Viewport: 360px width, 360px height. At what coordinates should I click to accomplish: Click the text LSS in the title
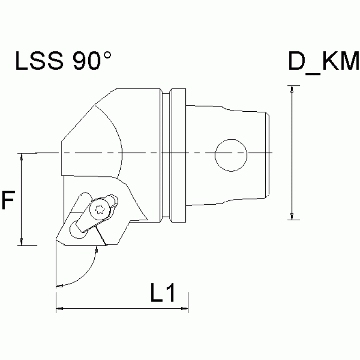coord(41,61)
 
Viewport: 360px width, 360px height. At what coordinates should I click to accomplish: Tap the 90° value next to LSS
coord(92,61)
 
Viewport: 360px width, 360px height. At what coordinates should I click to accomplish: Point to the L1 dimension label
coord(162,294)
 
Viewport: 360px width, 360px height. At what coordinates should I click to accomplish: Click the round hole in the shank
coord(231,154)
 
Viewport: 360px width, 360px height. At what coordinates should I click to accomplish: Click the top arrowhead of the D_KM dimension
coord(292,90)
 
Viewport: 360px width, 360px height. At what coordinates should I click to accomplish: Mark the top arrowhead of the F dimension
coord(22,157)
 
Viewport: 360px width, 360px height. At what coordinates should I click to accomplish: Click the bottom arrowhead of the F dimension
coord(22,241)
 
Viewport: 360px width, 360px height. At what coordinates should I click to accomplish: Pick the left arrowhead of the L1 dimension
coord(60,308)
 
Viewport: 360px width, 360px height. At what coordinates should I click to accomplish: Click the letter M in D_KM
coord(348,62)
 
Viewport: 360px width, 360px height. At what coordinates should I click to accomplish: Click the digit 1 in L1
coord(170,294)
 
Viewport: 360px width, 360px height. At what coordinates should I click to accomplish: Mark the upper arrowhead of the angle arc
coord(97,251)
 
